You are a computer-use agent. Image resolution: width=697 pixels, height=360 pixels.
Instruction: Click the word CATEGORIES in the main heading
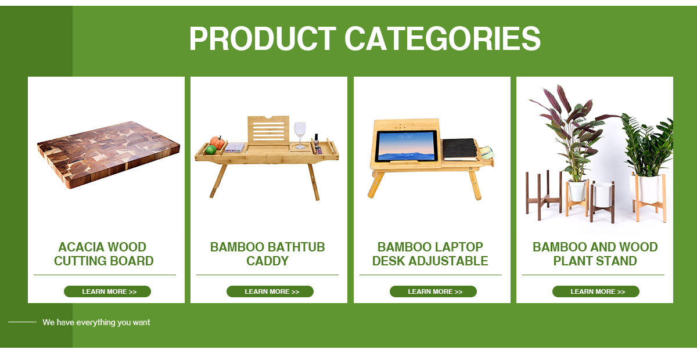click(x=443, y=38)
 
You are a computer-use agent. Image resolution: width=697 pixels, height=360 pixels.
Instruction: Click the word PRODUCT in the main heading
click(x=263, y=38)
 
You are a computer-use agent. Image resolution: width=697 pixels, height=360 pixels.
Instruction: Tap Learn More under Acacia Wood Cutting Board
click(x=107, y=291)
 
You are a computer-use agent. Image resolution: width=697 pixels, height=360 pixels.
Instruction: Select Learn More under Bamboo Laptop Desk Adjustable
click(x=433, y=291)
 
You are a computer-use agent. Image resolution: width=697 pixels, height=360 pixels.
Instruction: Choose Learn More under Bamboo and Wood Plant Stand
click(x=596, y=291)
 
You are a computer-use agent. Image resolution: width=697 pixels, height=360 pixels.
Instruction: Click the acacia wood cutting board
click(x=108, y=154)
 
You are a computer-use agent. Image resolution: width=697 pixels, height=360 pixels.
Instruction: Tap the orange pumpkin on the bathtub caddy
click(x=217, y=142)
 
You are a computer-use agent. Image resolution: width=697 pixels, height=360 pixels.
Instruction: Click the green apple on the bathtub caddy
click(x=211, y=150)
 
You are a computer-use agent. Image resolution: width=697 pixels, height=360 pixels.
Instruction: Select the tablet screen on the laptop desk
click(x=407, y=146)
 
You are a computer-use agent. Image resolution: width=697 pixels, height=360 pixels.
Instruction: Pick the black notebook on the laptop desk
click(x=460, y=149)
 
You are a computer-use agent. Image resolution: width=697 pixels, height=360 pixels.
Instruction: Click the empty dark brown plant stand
click(x=543, y=195)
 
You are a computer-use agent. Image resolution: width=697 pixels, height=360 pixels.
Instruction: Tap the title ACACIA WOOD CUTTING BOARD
click(x=103, y=254)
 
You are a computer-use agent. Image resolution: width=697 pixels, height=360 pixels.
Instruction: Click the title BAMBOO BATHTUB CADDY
click(x=267, y=254)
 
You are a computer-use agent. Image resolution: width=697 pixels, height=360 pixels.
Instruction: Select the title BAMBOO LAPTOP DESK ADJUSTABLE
click(x=430, y=254)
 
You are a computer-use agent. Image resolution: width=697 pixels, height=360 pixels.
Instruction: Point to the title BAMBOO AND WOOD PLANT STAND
click(x=595, y=254)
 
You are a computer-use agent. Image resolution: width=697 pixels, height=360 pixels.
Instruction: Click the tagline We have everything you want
click(x=96, y=322)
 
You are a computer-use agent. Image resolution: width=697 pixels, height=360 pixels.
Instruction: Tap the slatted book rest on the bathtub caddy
click(x=268, y=131)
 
